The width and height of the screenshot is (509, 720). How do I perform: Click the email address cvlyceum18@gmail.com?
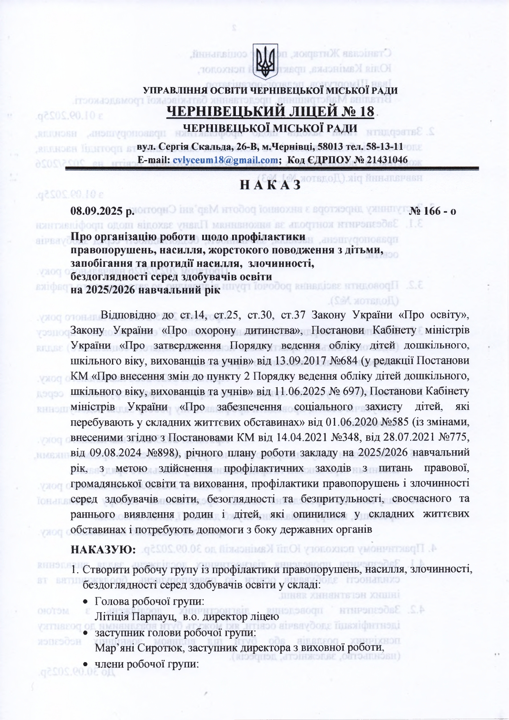point(226,160)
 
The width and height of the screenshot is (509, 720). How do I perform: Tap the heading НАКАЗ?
point(270,186)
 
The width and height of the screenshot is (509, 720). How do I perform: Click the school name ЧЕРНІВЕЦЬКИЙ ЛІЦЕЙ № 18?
point(270,112)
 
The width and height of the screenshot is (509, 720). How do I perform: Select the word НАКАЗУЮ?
point(103,549)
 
